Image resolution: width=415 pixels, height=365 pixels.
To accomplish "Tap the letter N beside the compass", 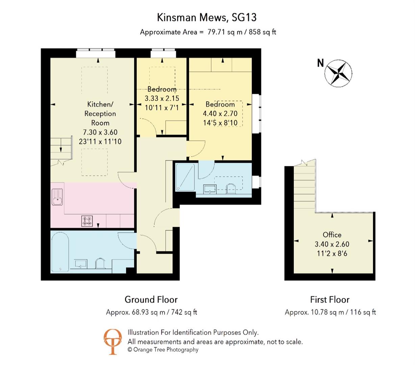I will point(320,63).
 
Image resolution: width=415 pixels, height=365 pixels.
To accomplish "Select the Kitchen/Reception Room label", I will point(100,114).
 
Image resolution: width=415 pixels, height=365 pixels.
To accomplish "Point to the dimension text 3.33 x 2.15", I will point(162,99).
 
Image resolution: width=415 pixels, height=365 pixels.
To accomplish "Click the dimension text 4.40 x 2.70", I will point(220,114).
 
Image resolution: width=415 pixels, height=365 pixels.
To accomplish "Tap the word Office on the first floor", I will point(332,235).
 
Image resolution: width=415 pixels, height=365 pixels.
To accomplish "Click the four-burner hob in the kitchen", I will point(87,221).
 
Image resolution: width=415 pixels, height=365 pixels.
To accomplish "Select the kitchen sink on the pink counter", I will point(57,197).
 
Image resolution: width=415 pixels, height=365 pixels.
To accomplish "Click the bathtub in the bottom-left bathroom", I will point(60,251).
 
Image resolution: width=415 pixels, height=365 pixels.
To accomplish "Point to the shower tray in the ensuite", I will point(185,177).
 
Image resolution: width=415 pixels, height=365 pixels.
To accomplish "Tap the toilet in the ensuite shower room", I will point(231,189).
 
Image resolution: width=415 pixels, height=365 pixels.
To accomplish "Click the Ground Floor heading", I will point(151,299).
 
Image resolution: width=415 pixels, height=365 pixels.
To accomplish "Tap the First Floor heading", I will point(330,299).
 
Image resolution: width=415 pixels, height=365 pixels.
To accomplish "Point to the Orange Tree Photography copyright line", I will point(163,350).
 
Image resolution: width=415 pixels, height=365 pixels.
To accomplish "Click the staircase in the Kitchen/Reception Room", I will point(61,149).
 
